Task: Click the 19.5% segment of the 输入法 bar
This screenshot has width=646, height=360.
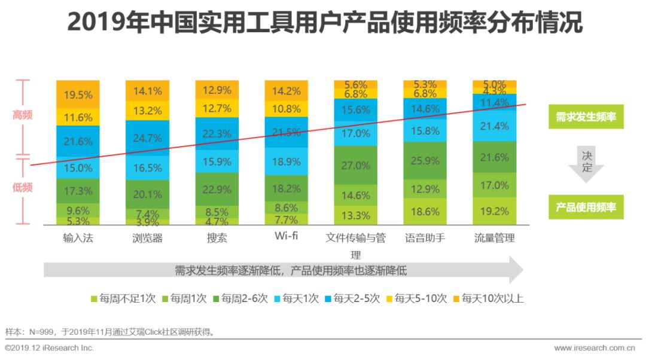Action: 78,94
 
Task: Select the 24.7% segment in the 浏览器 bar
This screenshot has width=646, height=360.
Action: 147,138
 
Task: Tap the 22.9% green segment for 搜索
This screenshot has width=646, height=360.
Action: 217,190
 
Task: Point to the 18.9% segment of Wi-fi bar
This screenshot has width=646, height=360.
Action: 287,162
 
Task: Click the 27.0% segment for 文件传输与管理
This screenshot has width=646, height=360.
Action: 356,165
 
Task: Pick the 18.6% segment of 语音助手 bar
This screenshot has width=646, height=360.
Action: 425,211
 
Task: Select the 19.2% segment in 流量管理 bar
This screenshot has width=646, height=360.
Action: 495,211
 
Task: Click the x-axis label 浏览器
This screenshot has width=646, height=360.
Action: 147,238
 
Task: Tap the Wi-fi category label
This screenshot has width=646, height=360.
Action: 287,236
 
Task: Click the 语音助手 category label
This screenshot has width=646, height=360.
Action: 425,238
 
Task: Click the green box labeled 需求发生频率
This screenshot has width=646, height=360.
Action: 586,117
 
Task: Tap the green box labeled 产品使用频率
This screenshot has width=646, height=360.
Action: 586,207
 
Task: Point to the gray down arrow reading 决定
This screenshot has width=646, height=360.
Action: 586,162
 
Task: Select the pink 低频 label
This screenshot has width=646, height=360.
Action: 23,187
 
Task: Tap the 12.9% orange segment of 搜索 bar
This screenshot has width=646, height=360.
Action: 217,90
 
